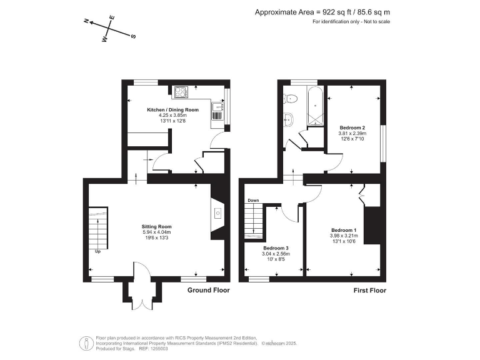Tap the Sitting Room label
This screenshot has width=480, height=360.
157,226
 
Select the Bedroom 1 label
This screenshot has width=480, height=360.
344,229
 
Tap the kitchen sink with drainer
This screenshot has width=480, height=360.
218,111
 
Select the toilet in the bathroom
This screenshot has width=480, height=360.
288,98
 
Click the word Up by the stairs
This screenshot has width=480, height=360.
97,252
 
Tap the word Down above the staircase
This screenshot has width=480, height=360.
253,201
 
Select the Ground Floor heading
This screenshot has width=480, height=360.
209,290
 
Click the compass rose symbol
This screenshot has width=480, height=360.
110,29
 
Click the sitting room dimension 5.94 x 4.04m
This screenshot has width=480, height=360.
157,232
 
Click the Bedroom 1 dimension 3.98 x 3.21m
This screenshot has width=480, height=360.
344,236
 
